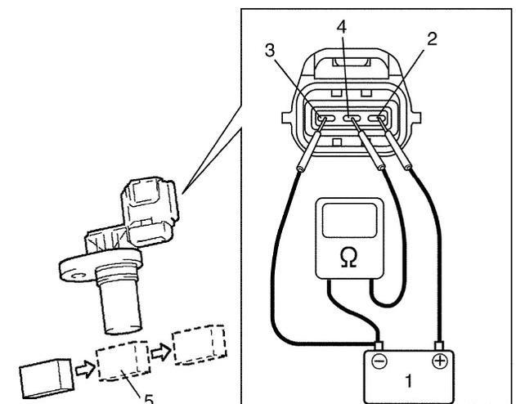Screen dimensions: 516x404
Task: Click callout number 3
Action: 270,51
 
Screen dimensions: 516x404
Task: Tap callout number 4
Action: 342,27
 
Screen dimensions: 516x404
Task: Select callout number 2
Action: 432,38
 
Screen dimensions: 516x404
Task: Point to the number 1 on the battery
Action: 408,381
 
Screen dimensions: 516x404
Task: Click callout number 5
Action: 149,399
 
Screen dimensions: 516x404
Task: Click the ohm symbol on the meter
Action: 349,258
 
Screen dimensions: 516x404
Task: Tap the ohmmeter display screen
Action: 349,220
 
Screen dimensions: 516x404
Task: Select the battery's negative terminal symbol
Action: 379,361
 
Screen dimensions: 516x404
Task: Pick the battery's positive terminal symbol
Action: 440,361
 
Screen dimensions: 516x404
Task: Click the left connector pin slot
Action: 326,118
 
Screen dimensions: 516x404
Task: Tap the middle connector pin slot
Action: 352,118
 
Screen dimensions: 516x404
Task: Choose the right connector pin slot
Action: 378,118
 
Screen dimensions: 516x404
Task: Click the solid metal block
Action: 46,379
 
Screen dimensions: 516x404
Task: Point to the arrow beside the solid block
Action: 85,369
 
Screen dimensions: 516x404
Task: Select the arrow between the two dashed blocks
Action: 161,352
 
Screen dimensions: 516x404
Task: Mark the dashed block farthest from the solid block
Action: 200,344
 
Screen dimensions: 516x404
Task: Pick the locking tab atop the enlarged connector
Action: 350,62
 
